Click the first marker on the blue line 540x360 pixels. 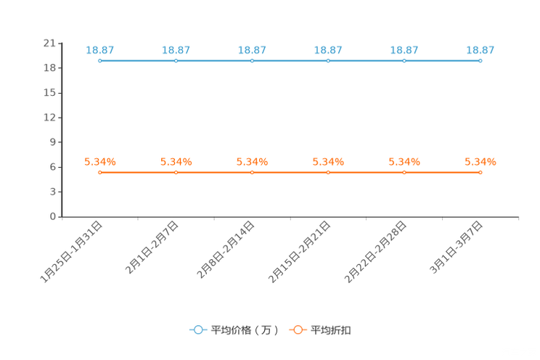point(99,61)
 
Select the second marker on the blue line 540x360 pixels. point(176,61)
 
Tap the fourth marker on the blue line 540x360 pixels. point(328,61)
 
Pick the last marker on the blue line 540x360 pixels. point(480,61)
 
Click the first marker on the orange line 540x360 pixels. point(99,172)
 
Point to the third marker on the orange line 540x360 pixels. point(252,172)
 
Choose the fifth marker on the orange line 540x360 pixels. point(404,172)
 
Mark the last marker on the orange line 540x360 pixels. point(480,172)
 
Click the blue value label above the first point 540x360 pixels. point(99,50)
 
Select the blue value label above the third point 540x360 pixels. point(252,50)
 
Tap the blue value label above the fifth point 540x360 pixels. point(404,50)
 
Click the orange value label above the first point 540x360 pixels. point(99,161)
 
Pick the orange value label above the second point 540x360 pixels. point(176,161)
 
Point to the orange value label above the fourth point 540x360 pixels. point(328,161)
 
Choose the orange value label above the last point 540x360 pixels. point(480,161)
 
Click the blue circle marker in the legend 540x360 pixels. point(197,330)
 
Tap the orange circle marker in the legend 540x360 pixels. point(297,330)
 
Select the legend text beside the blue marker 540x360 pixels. point(245,330)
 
